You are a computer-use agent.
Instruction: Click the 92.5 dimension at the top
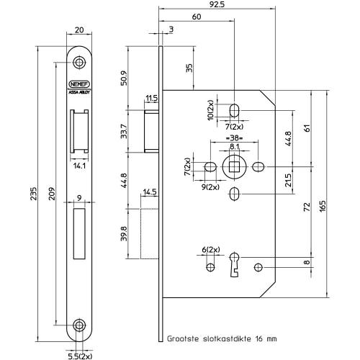[217, 4]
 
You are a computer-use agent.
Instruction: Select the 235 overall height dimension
[34, 194]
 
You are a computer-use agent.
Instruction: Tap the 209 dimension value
[52, 194]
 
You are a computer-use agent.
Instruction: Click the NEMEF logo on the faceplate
[79, 84]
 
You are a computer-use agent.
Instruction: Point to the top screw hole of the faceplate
[79, 63]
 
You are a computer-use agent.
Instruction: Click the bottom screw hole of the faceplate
[79, 325]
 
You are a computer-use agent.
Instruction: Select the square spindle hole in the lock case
[234, 167]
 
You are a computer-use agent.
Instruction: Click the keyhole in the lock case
[234, 264]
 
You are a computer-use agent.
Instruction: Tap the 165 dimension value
[323, 206]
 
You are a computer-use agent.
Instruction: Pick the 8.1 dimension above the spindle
[234, 146]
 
